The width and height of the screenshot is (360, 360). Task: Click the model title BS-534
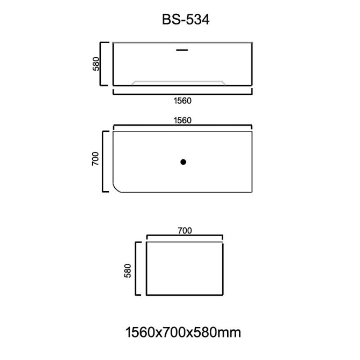click(185, 20)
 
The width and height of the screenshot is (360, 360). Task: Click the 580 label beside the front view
click(96, 63)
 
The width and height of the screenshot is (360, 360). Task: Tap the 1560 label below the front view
click(182, 101)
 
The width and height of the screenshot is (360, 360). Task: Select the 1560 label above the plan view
click(182, 120)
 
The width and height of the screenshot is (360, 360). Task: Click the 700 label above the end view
click(184, 231)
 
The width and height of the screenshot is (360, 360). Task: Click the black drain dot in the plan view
click(183, 162)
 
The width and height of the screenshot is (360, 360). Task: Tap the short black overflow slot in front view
click(182, 50)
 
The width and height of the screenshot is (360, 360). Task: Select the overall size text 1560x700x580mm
click(183, 333)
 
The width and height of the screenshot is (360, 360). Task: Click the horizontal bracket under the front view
click(182, 94)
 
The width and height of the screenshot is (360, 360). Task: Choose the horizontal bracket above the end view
click(184, 237)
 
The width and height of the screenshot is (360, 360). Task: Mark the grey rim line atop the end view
click(184, 242)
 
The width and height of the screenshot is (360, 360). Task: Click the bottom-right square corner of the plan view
click(252, 192)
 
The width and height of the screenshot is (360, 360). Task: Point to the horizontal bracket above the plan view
click(182, 126)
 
